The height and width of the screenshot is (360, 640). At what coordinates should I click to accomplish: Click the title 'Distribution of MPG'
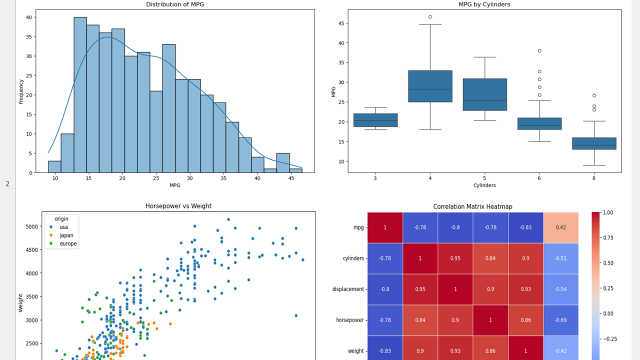[x=175, y=4]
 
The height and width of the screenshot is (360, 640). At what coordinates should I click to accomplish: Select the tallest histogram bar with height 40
[x=80, y=95]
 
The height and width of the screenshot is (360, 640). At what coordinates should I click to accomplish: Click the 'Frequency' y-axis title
[x=21, y=91]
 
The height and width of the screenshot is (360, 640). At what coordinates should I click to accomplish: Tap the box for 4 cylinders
[x=430, y=86]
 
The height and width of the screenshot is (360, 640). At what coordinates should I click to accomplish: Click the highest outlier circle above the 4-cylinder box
[x=430, y=17]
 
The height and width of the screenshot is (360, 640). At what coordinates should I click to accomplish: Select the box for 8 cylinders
[x=594, y=143]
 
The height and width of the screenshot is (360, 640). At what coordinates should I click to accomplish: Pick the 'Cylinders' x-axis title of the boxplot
[x=484, y=185]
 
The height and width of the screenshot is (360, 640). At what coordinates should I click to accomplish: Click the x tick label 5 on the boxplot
[x=484, y=178]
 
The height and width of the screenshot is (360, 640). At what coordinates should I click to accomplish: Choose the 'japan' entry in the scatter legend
[x=66, y=235]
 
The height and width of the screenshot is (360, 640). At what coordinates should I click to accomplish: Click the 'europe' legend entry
[x=68, y=244]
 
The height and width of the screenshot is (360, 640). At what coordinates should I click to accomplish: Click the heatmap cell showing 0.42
[x=560, y=227]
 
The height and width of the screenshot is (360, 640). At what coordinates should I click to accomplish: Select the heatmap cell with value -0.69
[x=560, y=320]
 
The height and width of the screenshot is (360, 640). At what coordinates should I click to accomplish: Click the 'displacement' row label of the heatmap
[x=348, y=289]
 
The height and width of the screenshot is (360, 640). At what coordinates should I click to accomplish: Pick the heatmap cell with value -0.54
[x=560, y=289]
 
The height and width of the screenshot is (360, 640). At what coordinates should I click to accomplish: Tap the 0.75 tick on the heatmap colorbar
[x=608, y=238]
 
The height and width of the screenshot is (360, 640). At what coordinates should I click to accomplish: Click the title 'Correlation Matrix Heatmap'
[x=472, y=206]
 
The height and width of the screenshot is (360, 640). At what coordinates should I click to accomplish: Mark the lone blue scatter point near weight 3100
[x=296, y=315]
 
